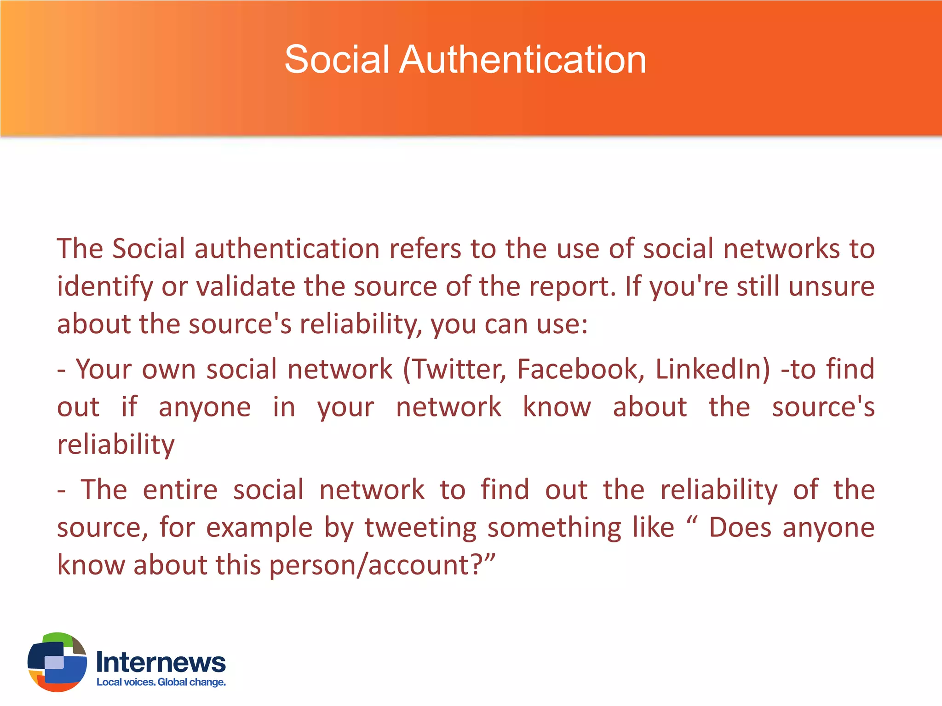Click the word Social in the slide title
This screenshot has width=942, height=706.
(337, 60)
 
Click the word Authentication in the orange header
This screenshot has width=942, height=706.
(523, 60)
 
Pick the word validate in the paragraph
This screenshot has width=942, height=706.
(246, 286)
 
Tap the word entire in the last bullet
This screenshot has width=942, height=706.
(180, 490)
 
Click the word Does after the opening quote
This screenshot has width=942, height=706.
(740, 527)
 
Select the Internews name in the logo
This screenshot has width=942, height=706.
(161, 662)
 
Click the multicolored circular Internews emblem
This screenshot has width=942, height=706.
(57, 662)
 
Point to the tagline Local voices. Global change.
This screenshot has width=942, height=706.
(161, 682)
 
